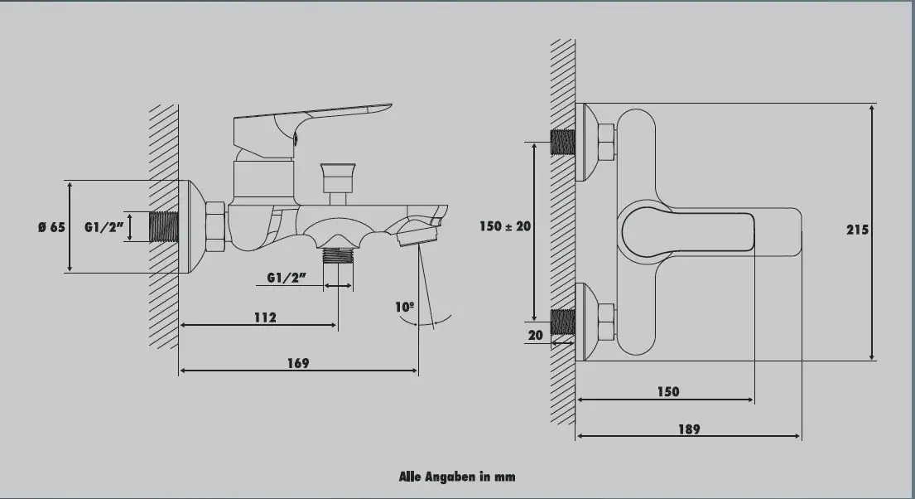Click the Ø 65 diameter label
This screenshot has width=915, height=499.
(x=51, y=228)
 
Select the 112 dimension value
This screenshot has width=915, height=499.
(x=265, y=317)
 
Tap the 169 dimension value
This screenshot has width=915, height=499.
(x=299, y=363)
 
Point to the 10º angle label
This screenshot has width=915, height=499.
(x=405, y=307)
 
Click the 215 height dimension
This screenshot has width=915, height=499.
(x=858, y=230)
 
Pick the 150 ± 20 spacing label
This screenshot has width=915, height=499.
(x=505, y=226)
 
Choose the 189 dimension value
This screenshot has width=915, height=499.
(x=688, y=429)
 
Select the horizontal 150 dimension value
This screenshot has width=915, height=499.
(x=667, y=391)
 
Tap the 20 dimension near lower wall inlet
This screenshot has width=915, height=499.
(x=534, y=335)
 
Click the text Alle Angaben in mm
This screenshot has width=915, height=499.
(x=457, y=476)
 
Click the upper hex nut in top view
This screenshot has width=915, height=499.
(x=605, y=143)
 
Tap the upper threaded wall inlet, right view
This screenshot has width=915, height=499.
(x=563, y=143)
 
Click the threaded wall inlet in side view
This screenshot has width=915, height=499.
(x=165, y=226)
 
